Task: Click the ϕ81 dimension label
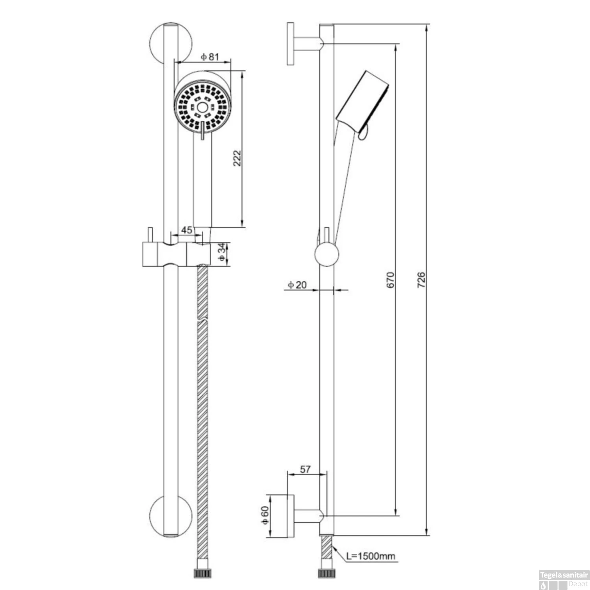[210, 57]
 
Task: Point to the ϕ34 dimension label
[223, 252]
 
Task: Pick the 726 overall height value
[421, 279]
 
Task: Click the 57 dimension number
[305, 469]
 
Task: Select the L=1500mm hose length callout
[371, 556]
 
